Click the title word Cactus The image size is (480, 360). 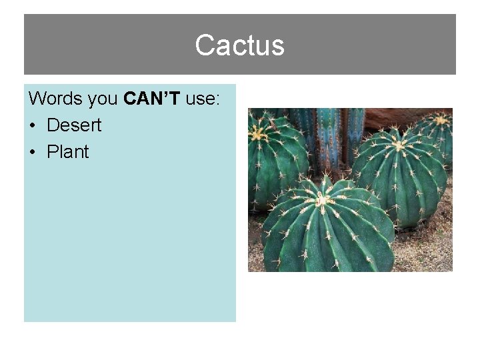point(239,45)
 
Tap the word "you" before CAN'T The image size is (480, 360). point(103,99)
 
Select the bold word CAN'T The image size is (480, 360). point(152,99)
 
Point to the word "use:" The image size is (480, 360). point(203,99)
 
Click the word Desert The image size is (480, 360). point(74,125)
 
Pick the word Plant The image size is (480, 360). point(67,152)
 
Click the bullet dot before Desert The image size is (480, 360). point(33,126)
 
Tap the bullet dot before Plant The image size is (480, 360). point(33,153)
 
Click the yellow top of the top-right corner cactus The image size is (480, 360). point(441,120)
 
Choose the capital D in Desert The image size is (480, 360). point(53,125)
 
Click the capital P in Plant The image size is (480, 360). point(52,152)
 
